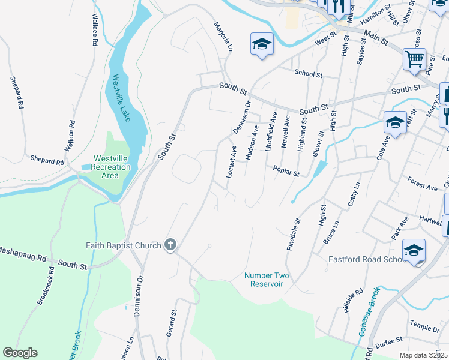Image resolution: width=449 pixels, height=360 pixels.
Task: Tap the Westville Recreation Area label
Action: [112, 167]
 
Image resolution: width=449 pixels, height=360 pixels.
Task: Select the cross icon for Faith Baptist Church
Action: [170, 245]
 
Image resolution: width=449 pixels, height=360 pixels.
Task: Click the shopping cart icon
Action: [414, 59]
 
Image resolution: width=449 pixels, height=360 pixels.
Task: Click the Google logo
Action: [20, 353]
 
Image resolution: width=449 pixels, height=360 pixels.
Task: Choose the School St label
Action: [309, 73]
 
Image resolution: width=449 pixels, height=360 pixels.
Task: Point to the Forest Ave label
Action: [422, 187]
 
